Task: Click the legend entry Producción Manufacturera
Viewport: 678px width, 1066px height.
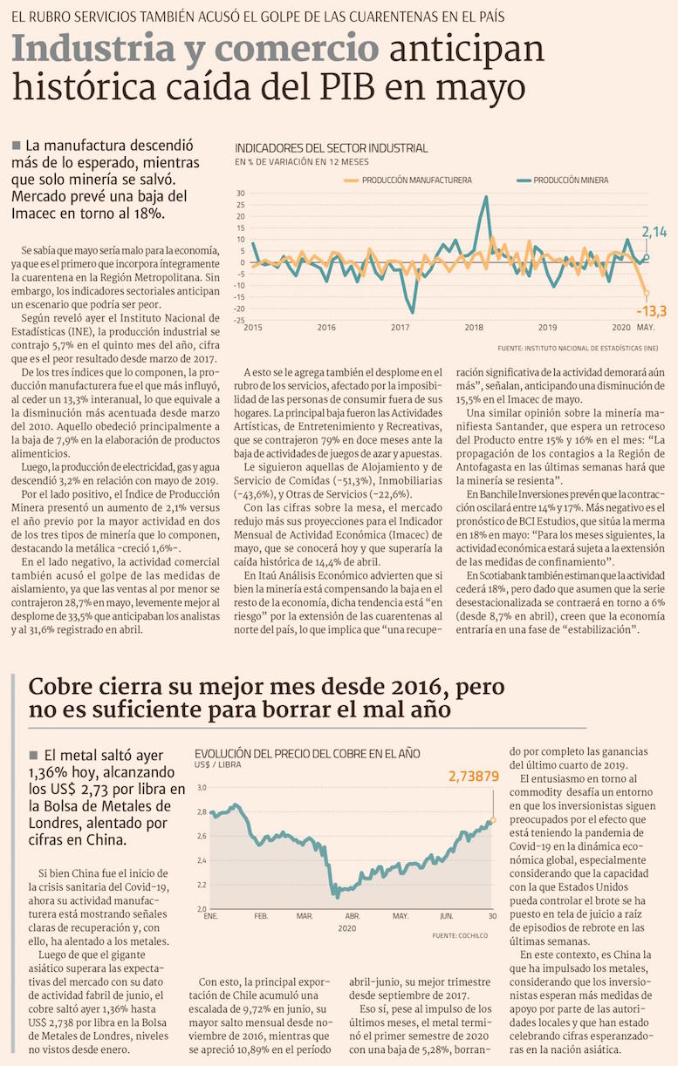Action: coord(416,180)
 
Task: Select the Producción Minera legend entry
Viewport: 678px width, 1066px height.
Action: coord(572,180)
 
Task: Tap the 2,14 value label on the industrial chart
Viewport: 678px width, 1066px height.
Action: coord(654,232)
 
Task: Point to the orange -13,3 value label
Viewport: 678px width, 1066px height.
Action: coord(652,311)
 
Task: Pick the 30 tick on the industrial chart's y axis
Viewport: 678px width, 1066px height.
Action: coord(241,194)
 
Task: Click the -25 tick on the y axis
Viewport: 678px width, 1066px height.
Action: coord(240,320)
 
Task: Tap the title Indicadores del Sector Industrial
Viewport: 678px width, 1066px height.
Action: coord(332,148)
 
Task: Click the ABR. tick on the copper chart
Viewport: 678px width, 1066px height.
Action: coord(353,917)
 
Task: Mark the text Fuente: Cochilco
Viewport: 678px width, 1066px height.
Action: coord(462,935)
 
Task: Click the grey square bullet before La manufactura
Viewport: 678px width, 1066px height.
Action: coord(17,146)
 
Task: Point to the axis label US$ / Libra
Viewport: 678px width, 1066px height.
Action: coord(218,766)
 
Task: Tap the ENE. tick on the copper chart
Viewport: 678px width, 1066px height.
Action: coord(210,917)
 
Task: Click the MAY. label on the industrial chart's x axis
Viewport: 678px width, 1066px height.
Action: coord(646,328)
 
